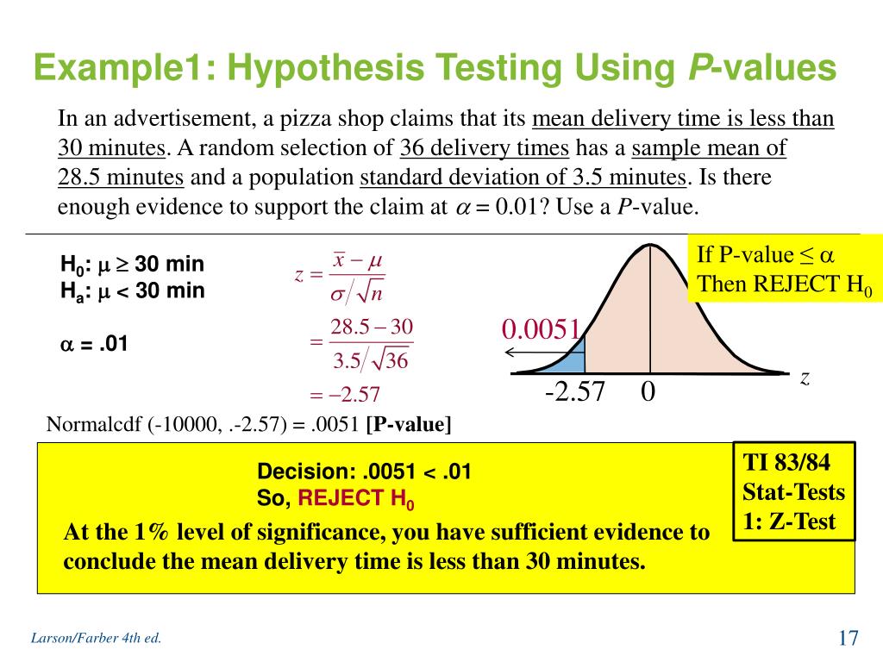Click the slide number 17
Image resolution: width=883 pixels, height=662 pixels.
(x=848, y=639)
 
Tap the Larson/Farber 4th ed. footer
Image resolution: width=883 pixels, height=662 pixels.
(x=96, y=639)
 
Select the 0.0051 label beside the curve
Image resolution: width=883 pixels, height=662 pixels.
(x=542, y=329)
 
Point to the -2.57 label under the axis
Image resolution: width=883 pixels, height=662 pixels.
(x=575, y=392)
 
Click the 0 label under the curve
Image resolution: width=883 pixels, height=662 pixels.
(x=648, y=392)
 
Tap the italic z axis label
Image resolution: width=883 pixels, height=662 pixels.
(x=804, y=378)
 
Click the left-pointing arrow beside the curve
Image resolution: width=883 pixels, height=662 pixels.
(x=528, y=352)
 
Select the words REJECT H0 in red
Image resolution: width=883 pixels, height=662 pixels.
(x=356, y=498)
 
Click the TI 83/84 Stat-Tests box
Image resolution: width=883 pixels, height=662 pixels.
(x=793, y=491)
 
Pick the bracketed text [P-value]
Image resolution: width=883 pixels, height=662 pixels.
(x=409, y=424)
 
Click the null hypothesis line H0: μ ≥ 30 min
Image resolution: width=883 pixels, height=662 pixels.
(x=132, y=264)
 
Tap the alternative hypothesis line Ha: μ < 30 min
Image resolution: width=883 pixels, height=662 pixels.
(x=132, y=290)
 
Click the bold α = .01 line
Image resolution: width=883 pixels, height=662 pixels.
(x=93, y=344)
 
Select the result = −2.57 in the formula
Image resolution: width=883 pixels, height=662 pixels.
(x=345, y=395)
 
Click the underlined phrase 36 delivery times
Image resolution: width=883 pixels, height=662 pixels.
(x=484, y=148)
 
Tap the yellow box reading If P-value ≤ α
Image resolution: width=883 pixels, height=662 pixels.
(x=783, y=269)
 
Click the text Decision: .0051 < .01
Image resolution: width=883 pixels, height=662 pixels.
(x=364, y=472)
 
